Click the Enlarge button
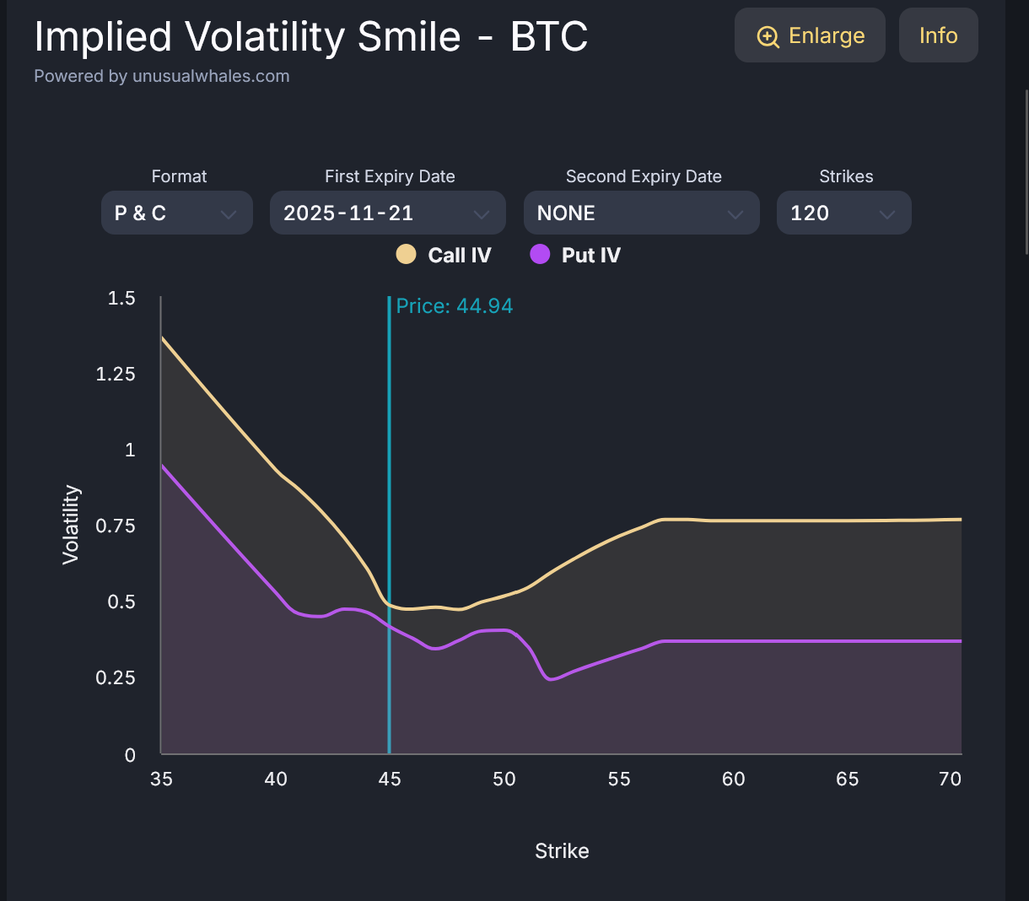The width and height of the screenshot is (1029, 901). pos(810,35)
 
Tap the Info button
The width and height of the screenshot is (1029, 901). pos(938,35)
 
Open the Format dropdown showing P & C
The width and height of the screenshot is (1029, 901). pos(176,213)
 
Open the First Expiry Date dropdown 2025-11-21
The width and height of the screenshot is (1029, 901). pos(387,213)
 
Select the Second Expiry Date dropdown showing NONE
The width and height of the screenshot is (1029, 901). pos(641,213)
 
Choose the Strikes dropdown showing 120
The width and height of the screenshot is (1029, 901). pos(843,213)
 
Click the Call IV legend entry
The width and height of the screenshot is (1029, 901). pos(444,255)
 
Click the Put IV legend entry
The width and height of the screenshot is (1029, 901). pos(576,255)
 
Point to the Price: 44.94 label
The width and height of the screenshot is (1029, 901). pos(455,306)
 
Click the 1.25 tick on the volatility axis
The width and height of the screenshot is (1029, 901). pos(116,374)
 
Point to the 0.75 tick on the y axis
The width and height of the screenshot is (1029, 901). pos(116,526)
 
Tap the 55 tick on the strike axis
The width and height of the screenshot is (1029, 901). pos(619,779)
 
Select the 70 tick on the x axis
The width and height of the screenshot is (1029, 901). pos(950,779)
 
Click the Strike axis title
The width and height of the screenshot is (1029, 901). pos(562,851)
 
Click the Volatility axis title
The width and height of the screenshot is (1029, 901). pos(71,525)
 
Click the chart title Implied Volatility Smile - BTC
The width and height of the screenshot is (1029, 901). pos(311,36)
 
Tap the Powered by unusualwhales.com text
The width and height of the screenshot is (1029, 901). pos(162,76)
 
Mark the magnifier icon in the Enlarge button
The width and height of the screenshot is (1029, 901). pos(768,36)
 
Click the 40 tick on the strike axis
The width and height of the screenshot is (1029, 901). pos(276,779)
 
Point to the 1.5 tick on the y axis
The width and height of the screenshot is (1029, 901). pos(121,299)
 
